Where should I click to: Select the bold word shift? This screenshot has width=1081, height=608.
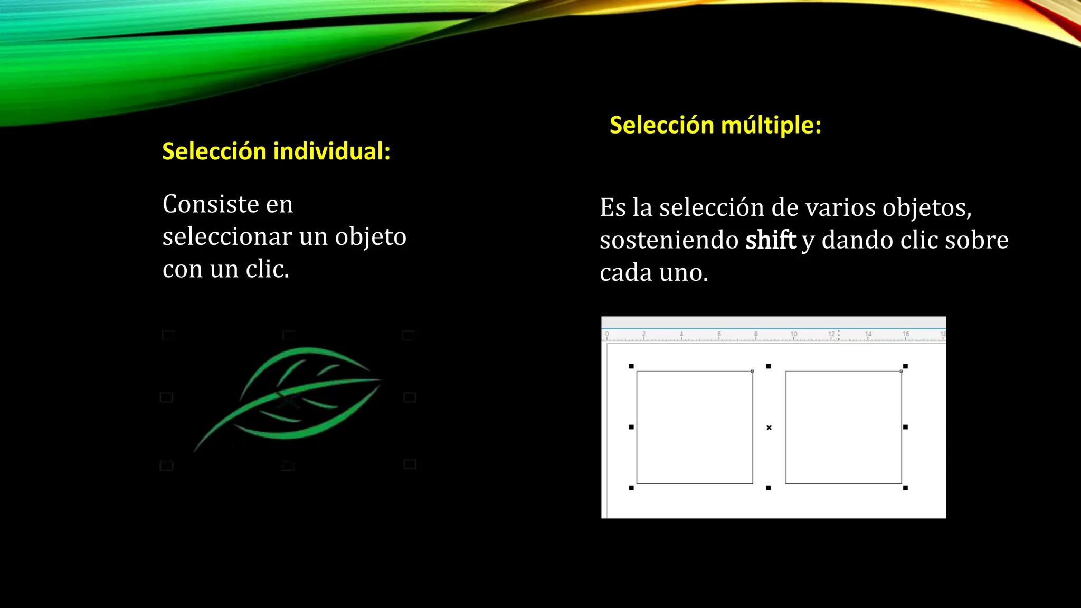(770, 240)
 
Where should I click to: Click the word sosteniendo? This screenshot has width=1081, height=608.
(669, 240)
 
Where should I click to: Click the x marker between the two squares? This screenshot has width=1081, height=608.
(769, 427)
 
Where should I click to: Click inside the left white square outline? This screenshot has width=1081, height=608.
(694, 427)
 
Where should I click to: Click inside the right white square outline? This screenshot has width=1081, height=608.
(843, 427)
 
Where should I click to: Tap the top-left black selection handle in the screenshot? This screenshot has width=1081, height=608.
(631, 366)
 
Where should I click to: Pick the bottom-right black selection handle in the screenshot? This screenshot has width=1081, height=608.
(905, 488)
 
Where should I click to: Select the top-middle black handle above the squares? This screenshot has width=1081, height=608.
(769, 366)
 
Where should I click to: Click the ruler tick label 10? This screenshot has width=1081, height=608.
(793, 334)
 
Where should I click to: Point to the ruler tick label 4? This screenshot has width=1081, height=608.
(681, 334)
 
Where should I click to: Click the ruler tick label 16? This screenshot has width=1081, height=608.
(906, 334)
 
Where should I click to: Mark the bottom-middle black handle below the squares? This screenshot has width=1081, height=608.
(769, 488)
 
